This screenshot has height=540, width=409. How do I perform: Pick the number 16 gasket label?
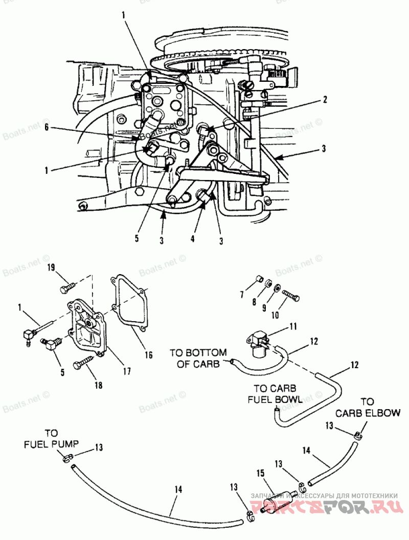149,353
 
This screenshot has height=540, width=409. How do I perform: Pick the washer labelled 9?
276,288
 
